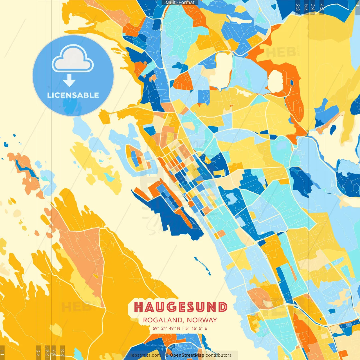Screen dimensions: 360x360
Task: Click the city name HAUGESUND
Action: pyautogui.click(x=181, y=307)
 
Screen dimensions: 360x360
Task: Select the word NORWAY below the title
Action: pyautogui.click(x=202, y=320)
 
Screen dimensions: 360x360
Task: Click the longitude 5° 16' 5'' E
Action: pyautogui.click(x=196, y=328)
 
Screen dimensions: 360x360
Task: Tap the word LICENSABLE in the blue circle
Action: pyautogui.click(x=73, y=95)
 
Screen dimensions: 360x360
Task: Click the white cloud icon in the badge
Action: pyautogui.click(x=73, y=60)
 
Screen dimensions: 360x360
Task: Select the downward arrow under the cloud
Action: pyautogui.click(x=69, y=81)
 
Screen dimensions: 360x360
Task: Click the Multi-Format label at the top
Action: pyautogui.click(x=180, y=3)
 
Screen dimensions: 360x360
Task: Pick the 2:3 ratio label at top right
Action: pyautogui.click(x=298, y=7)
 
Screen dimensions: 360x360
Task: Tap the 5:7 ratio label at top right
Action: pyautogui.click(x=306, y=7)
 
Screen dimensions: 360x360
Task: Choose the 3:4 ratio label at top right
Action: pyautogui.click(x=313, y=7)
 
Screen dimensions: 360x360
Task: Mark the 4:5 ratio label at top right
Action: pyautogui.click(x=322, y=7)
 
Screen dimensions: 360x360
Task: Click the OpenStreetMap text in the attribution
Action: pyautogui.click(x=187, y=355)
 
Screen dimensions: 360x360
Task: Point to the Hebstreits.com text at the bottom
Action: pyautogui.click(x=145, y=355)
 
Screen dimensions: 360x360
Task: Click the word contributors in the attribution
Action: pyautogui.click(x=219, y=355)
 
